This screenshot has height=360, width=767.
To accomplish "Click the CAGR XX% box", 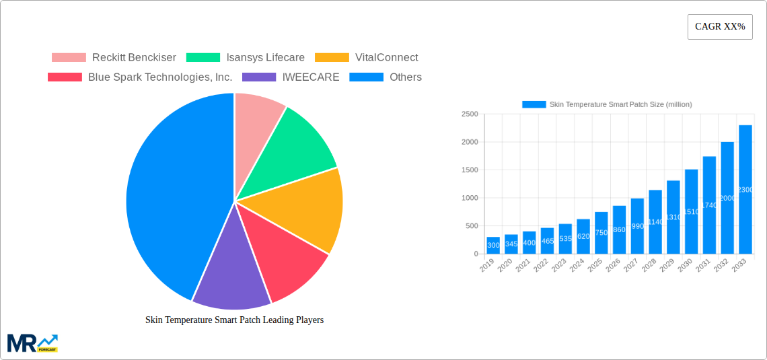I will [x=720, y=27].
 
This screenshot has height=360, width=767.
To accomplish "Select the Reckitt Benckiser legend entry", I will [x=114, y=58].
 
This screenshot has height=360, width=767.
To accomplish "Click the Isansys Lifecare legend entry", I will [x=245, y=58].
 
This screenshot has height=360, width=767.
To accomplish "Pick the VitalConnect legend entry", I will [x=366, y=58].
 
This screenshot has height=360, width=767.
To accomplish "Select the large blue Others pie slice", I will [x=175, y=195].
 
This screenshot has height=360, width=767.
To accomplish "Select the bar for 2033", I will [x=745, y=189].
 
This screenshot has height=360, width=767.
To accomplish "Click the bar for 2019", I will [x=493, y=246].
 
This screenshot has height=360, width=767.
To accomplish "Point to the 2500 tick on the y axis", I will [x=470, y=114].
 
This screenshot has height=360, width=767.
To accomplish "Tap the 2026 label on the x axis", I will [x=612, y=266].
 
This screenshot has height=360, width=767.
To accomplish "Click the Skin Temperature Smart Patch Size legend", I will [x=607, y=104].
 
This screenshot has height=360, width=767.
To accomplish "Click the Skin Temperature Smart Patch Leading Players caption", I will [x=234, y=320].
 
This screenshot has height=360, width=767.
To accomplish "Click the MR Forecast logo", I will [x=32, y=343].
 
